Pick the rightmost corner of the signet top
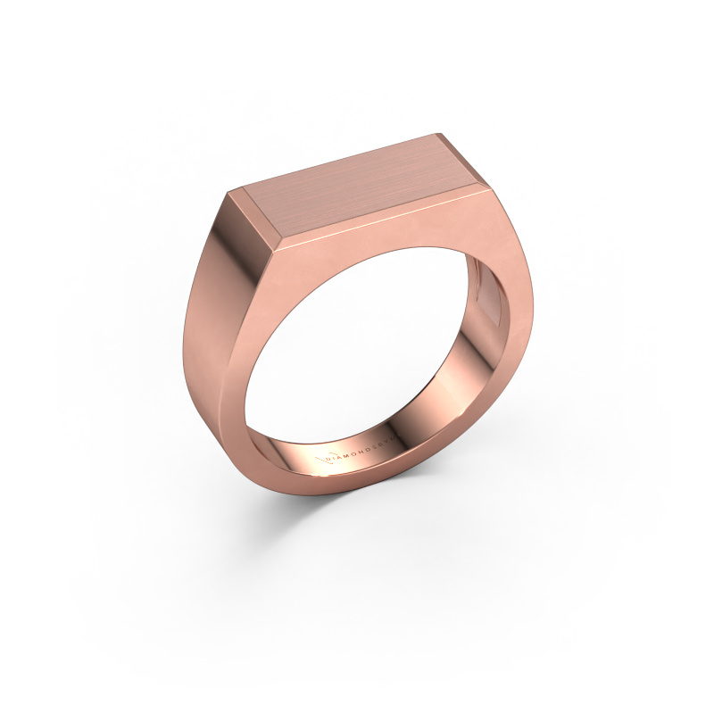click(488, 188)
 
